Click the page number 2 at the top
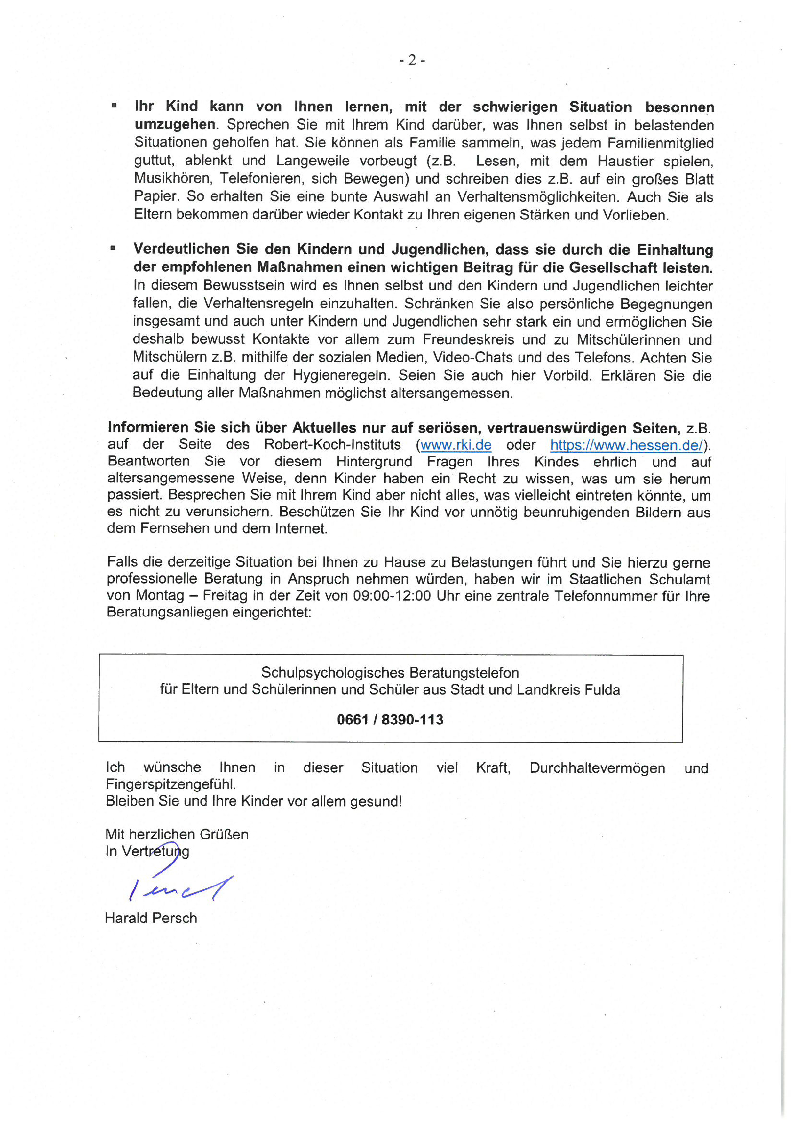(412, 60)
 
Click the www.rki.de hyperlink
(456, 445)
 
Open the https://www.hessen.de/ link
(626, 445)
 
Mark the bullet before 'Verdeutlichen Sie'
(113, 248)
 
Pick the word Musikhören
(170, 179)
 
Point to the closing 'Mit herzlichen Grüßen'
(177, 834)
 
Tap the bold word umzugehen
(174, 124)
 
